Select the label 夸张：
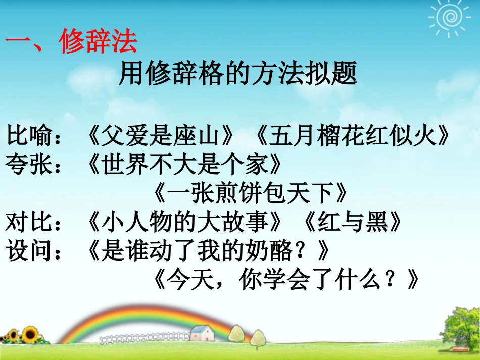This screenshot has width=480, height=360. (35, 165)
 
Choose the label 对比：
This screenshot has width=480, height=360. (35, 222)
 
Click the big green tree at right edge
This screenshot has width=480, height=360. (460, 323)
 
